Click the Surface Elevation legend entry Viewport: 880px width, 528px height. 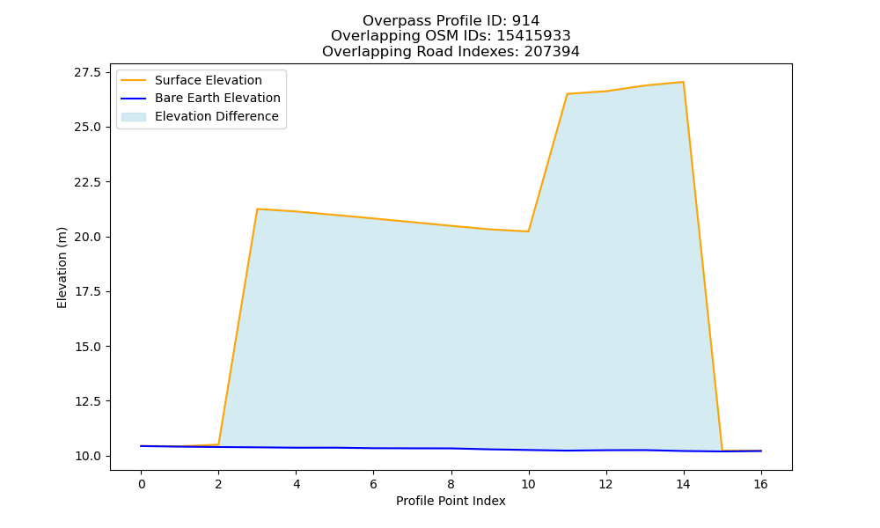click(x=191, y=80)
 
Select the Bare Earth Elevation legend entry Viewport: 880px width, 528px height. click(x=201, y=99)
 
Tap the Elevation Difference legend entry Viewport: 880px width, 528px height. click(x=200, y=116)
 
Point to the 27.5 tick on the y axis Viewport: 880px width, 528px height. click(x=88, y=72)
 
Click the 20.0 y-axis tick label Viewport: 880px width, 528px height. click(x=88, y=237)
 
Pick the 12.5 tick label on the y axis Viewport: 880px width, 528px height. click(x=88, y=401)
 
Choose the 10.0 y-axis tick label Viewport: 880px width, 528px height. click(x=88, y=456)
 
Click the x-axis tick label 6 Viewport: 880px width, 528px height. click(x=373, y=484)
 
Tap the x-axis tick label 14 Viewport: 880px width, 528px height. click(x=683, y=484)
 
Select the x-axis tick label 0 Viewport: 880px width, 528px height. click(x=142, y=484)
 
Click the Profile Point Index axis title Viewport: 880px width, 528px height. click(x=451, y=501)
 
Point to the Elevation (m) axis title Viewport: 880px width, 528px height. click(x=62, y=268)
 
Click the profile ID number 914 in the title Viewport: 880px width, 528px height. click(x=525, y=21)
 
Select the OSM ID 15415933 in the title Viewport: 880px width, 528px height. click(x=533, y=36)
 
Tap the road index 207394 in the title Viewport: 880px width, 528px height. click(x=552, y=52)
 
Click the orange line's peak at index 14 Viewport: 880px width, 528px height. click(x=683, y=82)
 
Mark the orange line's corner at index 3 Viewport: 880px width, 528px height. click(x=257, y=209)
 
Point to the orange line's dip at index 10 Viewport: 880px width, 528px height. click(x=528, y=231)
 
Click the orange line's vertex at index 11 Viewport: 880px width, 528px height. click(x=567, y=93)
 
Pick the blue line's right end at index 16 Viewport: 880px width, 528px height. click(x=761, y=451)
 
